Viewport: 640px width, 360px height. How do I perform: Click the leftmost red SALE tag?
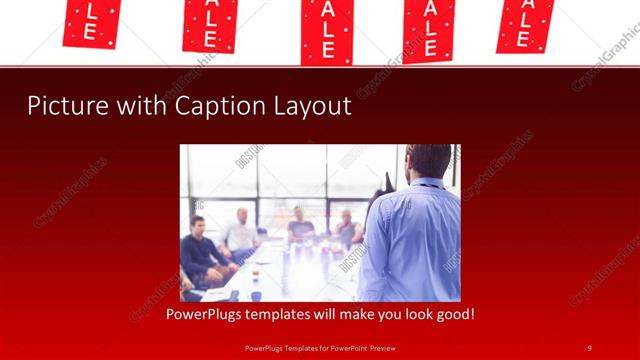pos(91,23)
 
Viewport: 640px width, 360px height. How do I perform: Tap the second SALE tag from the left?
pos(209,24)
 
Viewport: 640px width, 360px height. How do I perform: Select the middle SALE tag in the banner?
pos(327,30)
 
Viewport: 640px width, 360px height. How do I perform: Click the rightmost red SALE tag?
pos(526,24)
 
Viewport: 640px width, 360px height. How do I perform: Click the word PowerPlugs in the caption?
pos(205,315)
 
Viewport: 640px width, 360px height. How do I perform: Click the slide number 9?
pos(590,347)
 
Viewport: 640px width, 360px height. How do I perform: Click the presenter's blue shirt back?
pos(410,240)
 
